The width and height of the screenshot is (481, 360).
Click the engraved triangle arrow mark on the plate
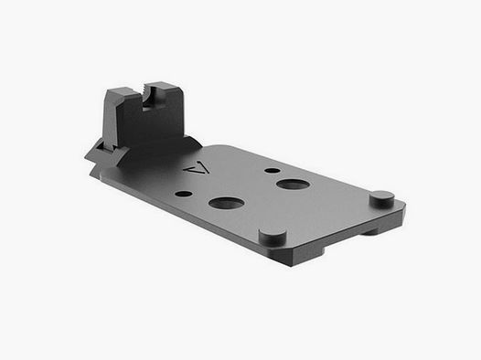point(191,170)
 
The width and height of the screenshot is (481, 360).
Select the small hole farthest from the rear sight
point(272,170)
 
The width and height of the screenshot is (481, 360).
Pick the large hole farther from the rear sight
point(292,184)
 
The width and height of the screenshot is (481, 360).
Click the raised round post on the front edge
point(273,235)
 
